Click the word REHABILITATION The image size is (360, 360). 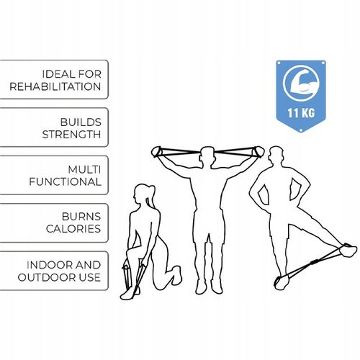[55, 86]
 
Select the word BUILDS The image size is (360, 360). [81, 122]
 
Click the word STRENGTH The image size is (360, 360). [71, 135]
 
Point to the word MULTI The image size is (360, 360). [84, 170]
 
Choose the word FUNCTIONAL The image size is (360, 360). [65, 182]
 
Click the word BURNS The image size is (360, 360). [81, 217]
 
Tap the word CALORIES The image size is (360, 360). [73, 229]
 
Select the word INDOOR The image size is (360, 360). [47, 265]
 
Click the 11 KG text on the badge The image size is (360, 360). [301, 113]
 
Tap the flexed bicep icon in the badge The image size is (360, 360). [301, 83]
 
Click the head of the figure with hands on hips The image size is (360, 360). [276, 156]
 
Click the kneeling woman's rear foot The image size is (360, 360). [177, 275]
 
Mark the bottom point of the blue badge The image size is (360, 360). [301, 132]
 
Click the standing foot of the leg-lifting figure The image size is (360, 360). [283, 283]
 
